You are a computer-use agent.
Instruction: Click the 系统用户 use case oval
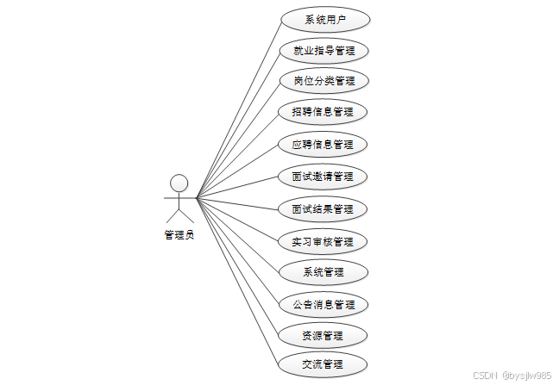point(323,19)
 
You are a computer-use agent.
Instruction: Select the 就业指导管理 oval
point(323,51)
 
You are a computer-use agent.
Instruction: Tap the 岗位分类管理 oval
point(323,82)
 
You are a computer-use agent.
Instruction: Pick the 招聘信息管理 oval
point(323,112)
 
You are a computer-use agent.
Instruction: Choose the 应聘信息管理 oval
point(323,144)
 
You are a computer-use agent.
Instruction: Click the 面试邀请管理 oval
point(323,177)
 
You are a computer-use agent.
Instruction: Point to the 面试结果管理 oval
point(323,208)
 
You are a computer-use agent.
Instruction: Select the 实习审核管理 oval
point(323,241)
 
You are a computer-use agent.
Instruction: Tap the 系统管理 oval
point(323,272)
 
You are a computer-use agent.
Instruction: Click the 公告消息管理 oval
point(323,304)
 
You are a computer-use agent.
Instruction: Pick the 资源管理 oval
point(323,335)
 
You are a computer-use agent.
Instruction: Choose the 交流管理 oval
point(323,363)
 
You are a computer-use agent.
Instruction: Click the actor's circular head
point(179,183)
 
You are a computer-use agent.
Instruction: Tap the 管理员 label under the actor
point(179,234)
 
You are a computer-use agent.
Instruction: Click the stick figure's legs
point(179,214)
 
